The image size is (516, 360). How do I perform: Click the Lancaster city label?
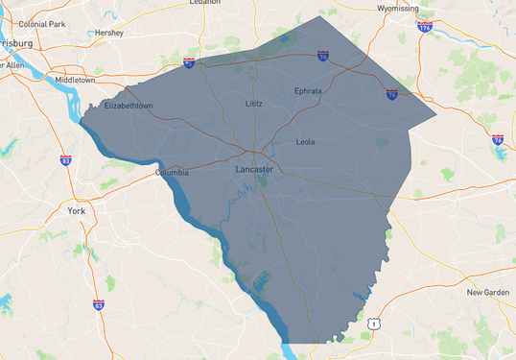click(254, 169)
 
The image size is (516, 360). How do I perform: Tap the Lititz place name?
click(253, 102)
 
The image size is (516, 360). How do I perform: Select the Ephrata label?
click(308, 91)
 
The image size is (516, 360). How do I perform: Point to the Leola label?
click(305, 141)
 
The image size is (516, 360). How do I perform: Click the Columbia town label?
click(173, 173)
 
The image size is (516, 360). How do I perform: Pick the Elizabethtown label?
click(129, 106)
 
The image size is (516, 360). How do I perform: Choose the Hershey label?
click(109, 33)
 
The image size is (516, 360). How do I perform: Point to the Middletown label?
click(75, 80)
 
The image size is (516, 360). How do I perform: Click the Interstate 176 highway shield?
click(425, 27)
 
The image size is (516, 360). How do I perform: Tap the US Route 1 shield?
click(373, 324)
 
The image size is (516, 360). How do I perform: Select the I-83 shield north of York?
click(66, 160)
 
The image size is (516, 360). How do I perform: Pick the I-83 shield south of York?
click(99, 304)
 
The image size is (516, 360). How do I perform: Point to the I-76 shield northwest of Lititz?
click(189, 63)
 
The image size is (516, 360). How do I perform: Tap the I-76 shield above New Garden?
click(498, 140)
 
